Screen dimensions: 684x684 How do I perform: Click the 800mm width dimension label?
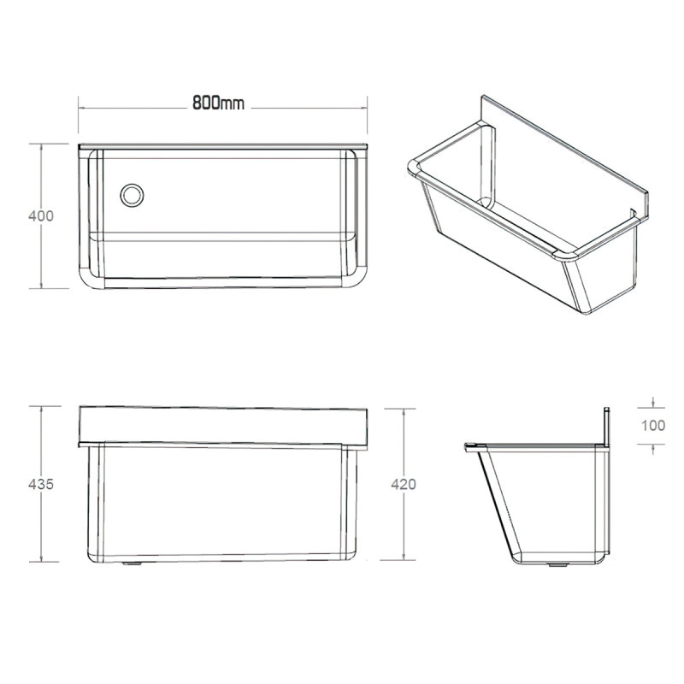[x=218, y=103]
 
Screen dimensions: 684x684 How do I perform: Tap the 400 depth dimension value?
[x=41, y=216]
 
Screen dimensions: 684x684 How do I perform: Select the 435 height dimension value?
[x=41, y=484]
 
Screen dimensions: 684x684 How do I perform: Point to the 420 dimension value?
[x=404, y=484]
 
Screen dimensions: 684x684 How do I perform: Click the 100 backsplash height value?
[x=653, y=425]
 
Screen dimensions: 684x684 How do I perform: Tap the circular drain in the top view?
[x=132, y=196]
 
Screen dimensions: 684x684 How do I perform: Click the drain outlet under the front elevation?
[x=132, y=563]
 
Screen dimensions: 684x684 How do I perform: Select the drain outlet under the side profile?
[x=558, y=565]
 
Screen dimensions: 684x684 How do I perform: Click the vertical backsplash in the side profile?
[x=606, y=427]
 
